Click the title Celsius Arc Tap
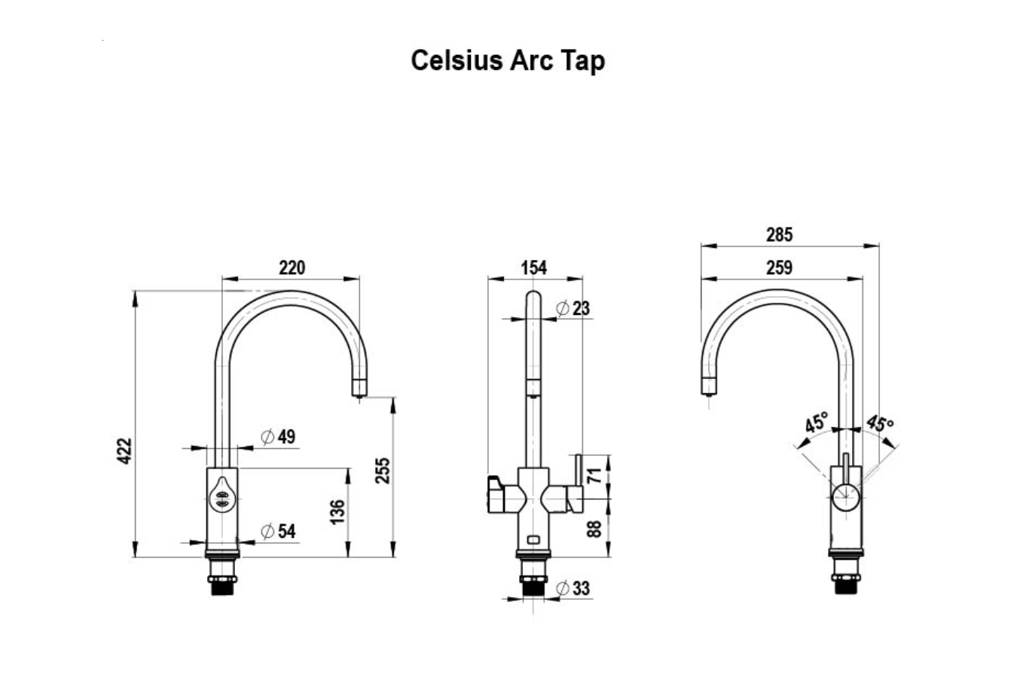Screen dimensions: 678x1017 [508, 60]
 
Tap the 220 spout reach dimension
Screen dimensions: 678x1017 [292, 267]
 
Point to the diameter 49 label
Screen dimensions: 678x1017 [278, 437]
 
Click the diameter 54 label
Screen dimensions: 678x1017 [278, 531]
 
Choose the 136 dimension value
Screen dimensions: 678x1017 [337, 512]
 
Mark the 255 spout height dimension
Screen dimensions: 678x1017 [383, 470]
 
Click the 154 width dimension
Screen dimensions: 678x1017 [533, 267]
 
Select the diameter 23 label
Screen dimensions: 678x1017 [573, 308]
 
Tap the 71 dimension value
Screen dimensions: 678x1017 [595, 475]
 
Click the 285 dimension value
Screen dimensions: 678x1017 [780, 235]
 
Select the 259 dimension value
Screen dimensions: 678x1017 [780, 267]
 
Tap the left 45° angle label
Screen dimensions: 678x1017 [815, 423]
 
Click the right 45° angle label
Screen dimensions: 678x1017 [879, 423]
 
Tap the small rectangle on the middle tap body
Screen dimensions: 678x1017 [533, 539]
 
